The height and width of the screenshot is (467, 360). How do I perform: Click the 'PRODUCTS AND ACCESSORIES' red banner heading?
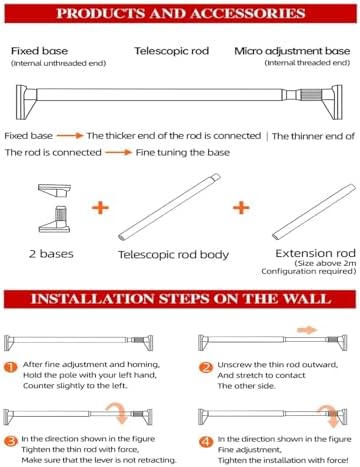(180, 13)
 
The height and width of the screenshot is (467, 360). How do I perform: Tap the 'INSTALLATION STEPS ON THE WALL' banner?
(180, 299)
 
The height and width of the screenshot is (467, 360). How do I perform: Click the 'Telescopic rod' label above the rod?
(172, 51)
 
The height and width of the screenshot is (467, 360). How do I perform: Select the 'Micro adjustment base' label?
(292, 51)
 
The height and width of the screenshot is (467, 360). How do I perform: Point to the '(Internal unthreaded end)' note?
(59, 63)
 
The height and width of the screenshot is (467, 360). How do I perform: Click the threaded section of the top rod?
(310, 95)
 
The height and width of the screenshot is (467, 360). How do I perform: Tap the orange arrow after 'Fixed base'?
(70, 135)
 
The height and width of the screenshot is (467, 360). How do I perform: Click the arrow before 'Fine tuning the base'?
(119, 152)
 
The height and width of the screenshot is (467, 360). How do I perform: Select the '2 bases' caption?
(51, 254)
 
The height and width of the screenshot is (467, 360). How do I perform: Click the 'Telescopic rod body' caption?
(174, 255)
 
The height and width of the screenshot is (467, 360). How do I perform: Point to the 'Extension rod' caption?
(315, 253)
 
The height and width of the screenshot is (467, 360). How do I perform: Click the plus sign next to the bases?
(100, 208)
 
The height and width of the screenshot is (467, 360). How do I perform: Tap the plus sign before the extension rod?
(241, 208)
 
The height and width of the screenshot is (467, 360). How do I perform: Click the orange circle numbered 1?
(11, 367)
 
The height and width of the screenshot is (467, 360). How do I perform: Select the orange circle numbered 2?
(206, 367)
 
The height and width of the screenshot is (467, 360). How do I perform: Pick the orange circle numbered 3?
(11, 442)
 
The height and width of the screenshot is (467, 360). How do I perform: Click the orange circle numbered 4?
(206, 442)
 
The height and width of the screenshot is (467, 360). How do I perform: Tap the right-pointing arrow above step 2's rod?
(307, 330)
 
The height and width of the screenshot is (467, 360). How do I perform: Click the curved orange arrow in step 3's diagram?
(121, 411)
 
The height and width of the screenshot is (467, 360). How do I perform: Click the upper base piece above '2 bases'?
(54, 190)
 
